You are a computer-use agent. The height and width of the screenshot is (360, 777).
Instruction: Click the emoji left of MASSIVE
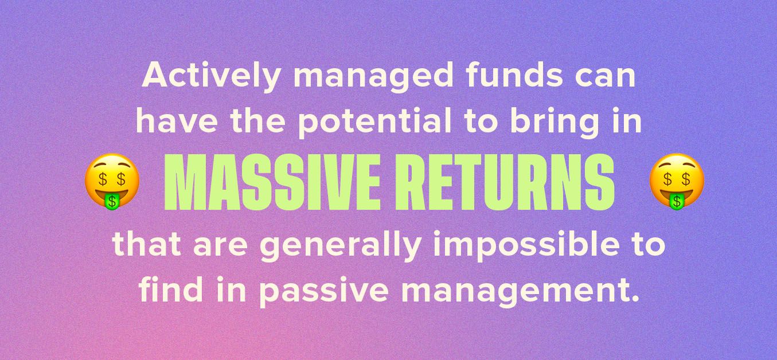[x=112, y=180]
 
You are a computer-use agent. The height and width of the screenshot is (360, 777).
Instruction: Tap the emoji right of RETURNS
[x=677, y=180]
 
